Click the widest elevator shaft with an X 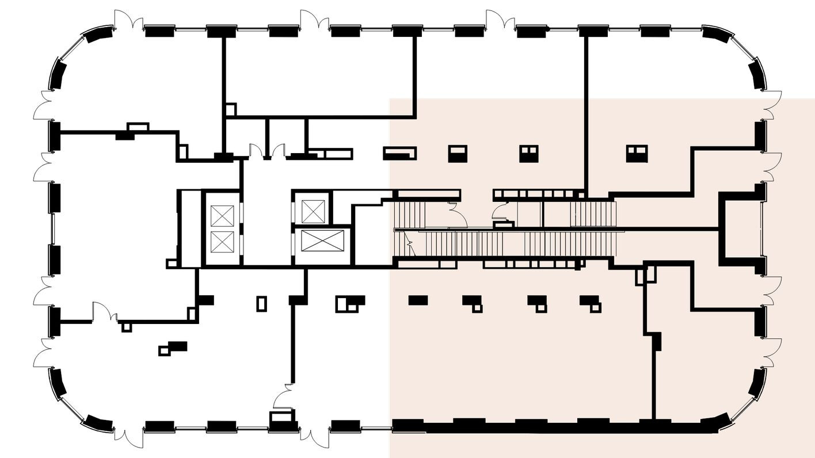322,241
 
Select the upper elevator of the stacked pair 222,216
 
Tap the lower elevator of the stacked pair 222,242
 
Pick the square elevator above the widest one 313,211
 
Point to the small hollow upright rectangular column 261,303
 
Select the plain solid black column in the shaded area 418,300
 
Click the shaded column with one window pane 458,154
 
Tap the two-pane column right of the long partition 637,154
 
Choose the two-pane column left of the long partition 528,154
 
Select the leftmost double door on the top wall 128,21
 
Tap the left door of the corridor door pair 256,151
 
